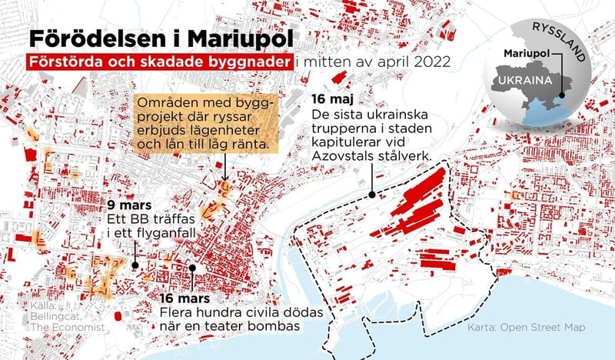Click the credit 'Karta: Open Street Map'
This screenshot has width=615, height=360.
tap(525, 328)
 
